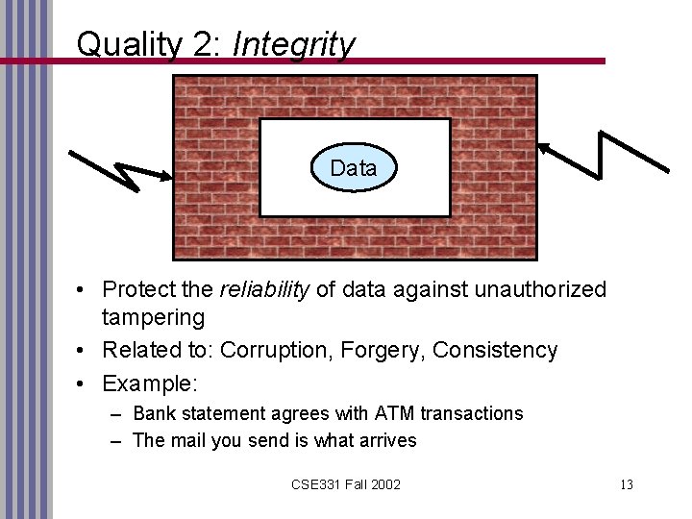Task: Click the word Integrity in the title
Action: pyautogui.click(x=294, y=44)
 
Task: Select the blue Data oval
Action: pyautogui.click(x=353, y=168)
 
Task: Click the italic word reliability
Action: pyautogui.click(x=267, y=289)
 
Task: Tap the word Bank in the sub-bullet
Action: pyautogui.click(x=155, y=413)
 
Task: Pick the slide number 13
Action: pyautogui.click(x=626, y=484)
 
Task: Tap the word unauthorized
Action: pyautogui.click(x=532, y=289)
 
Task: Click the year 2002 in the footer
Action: pyautogui.click(x=384, y=484)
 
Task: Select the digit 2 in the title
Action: pyautogui.click(x=204, y=44)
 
